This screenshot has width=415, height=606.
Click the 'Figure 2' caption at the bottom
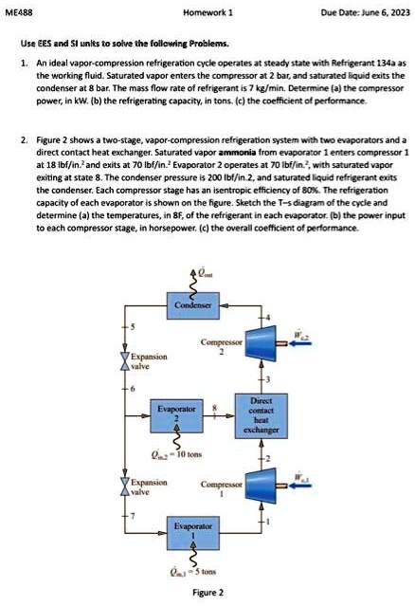pyautogui.click(x=207, y=592)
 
